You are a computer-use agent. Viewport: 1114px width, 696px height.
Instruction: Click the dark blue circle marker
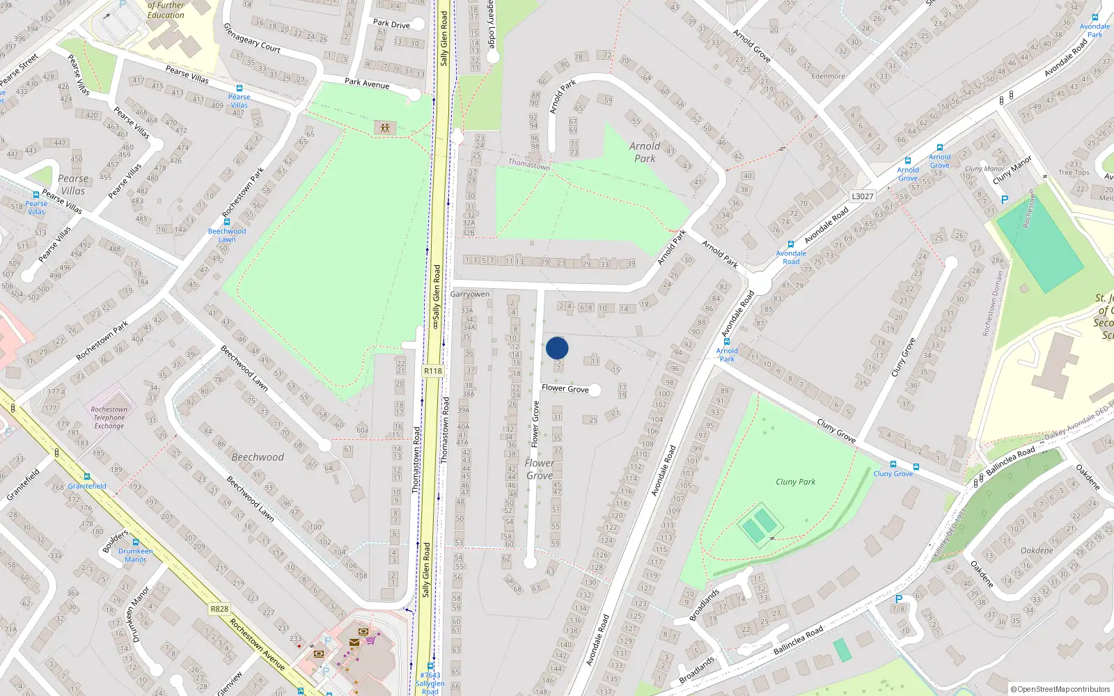(557, 348)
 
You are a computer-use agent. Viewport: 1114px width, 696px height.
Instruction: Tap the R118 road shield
(433, 371)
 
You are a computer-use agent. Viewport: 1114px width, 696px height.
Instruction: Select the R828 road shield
(219, 609)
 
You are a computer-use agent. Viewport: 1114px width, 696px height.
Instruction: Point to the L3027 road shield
(863, 196)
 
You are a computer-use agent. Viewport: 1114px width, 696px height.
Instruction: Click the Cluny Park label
(795, 482)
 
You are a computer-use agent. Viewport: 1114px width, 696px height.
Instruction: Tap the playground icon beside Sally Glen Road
(384, 128)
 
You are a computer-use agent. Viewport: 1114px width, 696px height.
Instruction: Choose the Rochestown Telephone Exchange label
(109, 418)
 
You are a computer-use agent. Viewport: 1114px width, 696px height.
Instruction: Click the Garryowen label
(470, 294)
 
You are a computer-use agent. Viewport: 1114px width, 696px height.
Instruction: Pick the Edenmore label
(828, 77)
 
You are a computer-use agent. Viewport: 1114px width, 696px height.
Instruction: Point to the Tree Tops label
(1074, 173)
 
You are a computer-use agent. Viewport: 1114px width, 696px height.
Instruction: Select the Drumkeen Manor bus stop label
(135, 555)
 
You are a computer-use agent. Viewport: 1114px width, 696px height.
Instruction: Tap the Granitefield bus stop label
(87, 486)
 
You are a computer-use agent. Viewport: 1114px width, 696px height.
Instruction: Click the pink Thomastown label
(529, 164)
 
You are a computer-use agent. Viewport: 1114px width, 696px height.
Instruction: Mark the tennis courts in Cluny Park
(759, 524)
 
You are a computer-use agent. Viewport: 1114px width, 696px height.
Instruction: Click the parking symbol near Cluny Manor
(1004, 200)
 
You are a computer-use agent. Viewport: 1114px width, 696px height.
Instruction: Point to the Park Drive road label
(391, 24)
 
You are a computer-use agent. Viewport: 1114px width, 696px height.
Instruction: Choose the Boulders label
(116, 541)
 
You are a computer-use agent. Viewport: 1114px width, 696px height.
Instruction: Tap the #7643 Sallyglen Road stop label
(430, 683)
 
